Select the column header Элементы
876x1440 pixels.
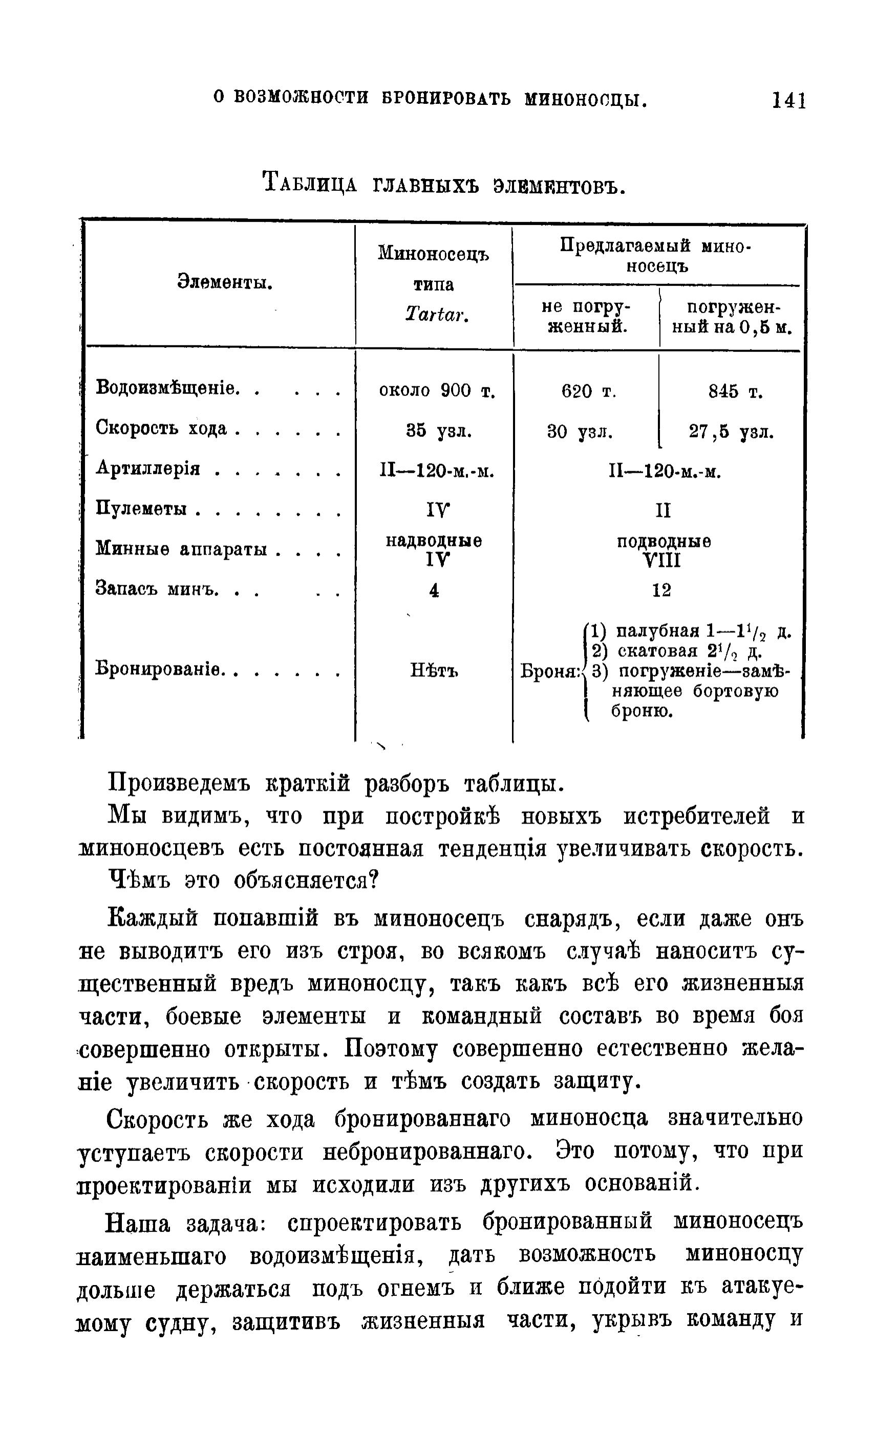(x=225, y=283)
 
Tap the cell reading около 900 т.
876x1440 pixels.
(x=437, y=390)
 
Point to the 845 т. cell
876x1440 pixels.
(x=735, y=391)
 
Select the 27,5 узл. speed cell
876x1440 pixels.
(x=731, y=432)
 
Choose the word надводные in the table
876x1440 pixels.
(x=434, y=541)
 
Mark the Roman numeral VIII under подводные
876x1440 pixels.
(x=661, y=561)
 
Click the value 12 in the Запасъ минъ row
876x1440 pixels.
(x=661, y=590)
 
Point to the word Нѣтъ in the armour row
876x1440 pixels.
(x=434, y=671)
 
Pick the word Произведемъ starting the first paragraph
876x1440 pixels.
(x=180, y=783)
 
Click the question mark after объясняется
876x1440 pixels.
(x=375, y=879)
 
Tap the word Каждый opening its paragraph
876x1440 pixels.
(x=153, y=919)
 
